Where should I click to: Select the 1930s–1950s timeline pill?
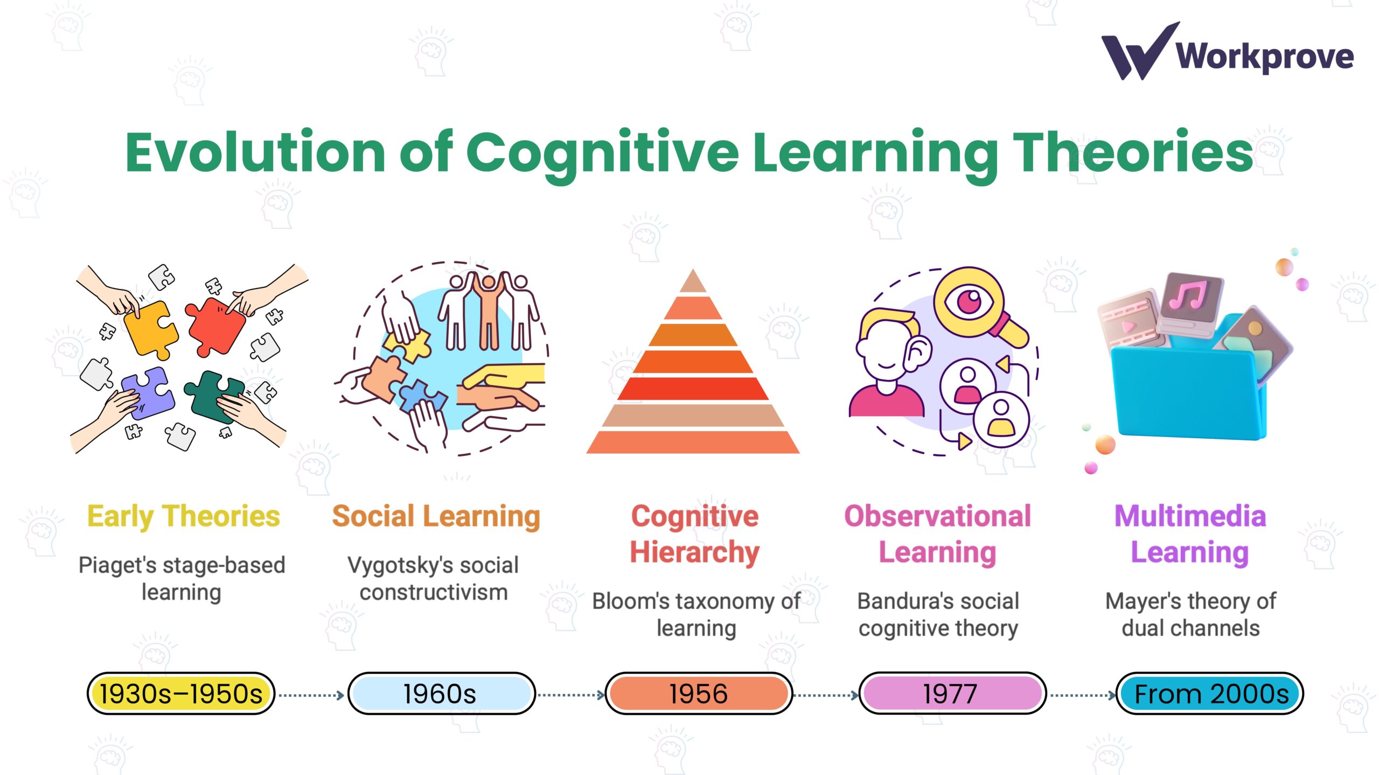pyautogui.click(x=181, y=694)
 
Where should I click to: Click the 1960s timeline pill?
pyautogui.click(x=441, y=694)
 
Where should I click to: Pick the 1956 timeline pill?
pyautogui.click(x=699, y=694)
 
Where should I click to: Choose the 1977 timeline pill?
pyautogui.click(x=951, y=694)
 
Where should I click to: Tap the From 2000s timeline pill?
pyautogui.click(x=1210, y=694)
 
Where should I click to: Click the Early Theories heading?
pyautogui.click(x=184, y=516)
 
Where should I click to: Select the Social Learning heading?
pyautogui.click(x=436, y=516)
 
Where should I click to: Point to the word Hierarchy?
pyautogui.click(x=695, y=552)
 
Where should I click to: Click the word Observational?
pyautogui.click(x=938, y=516)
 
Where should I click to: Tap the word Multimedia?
pyautogui.click(x=1190, y=516)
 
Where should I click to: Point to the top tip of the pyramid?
pyautogui.click(x=693, y=274)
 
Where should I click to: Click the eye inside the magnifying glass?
pyautogui.click(x=970, y=299)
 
